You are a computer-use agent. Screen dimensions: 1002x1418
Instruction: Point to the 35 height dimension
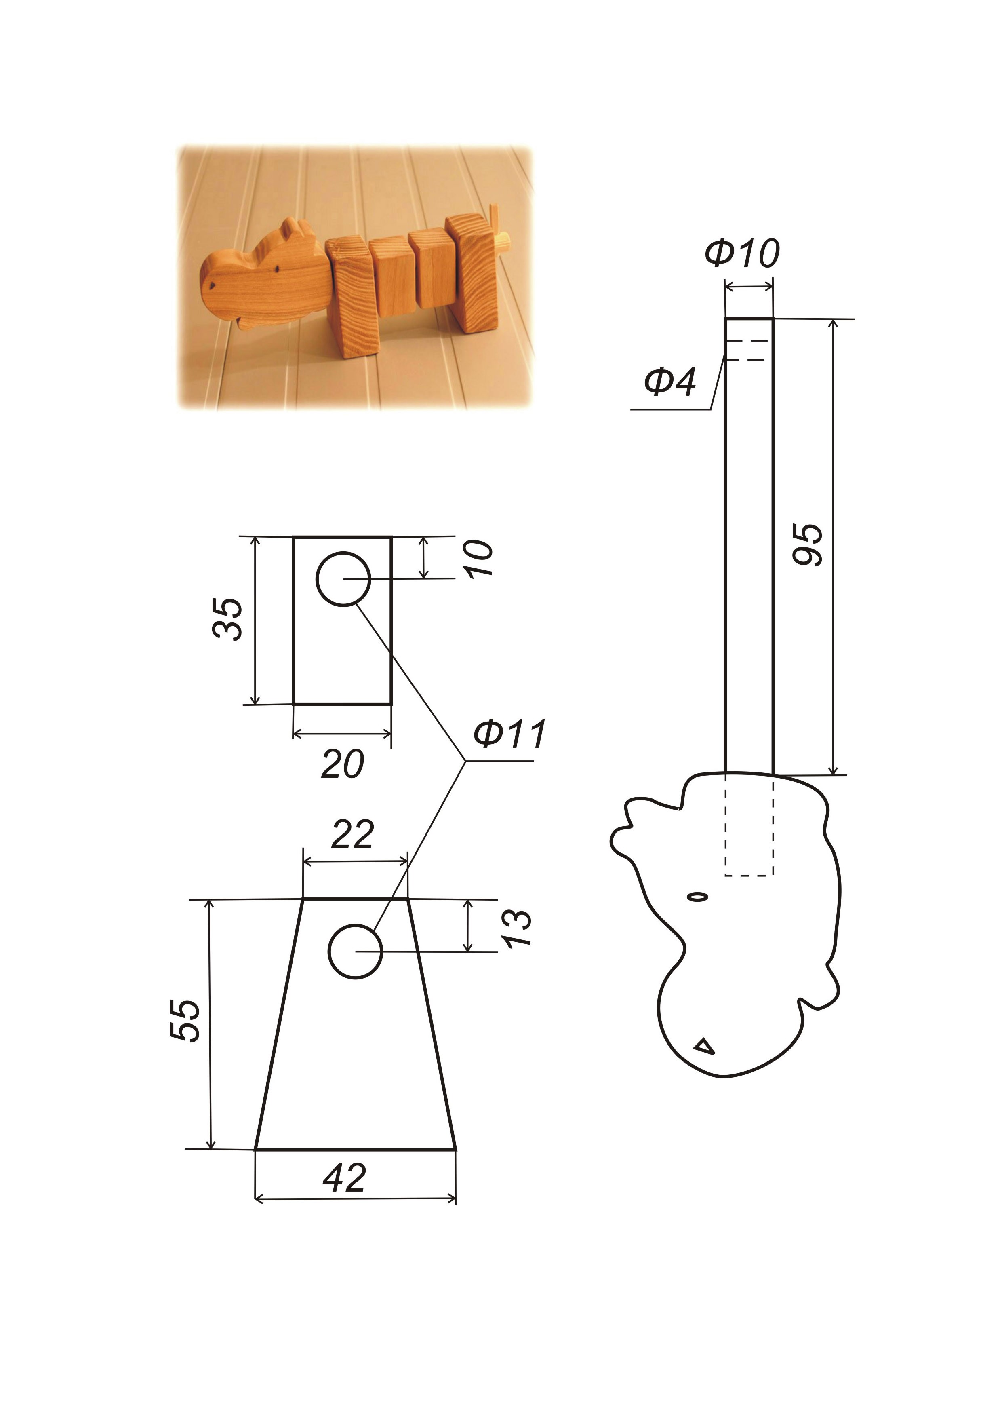pyautogui.click(x=227, y=619)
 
